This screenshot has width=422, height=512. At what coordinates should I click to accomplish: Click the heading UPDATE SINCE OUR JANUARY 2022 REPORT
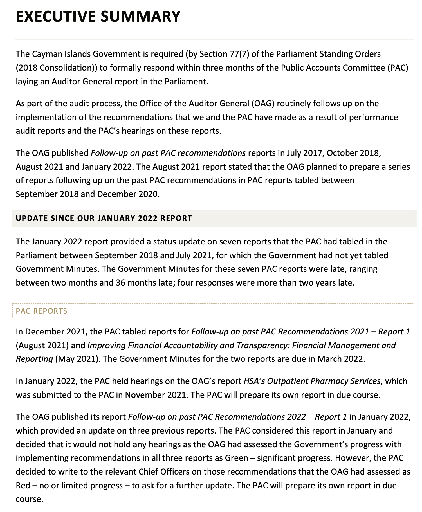tap(104, 218)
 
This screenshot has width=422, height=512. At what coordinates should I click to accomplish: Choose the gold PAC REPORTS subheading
tap(42, 311)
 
